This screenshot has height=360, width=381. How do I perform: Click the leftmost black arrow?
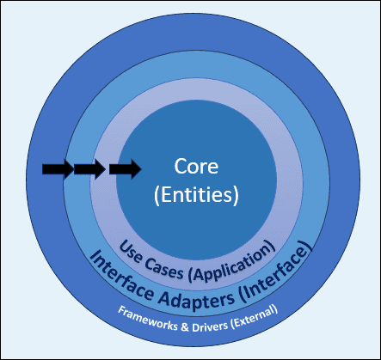(57, 169)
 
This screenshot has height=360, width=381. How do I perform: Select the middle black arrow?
(89, 169)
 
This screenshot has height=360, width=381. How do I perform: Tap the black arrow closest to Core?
(125, 169)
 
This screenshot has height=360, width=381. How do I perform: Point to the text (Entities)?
(195, 195)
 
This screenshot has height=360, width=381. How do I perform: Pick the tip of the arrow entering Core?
(139, 169)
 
